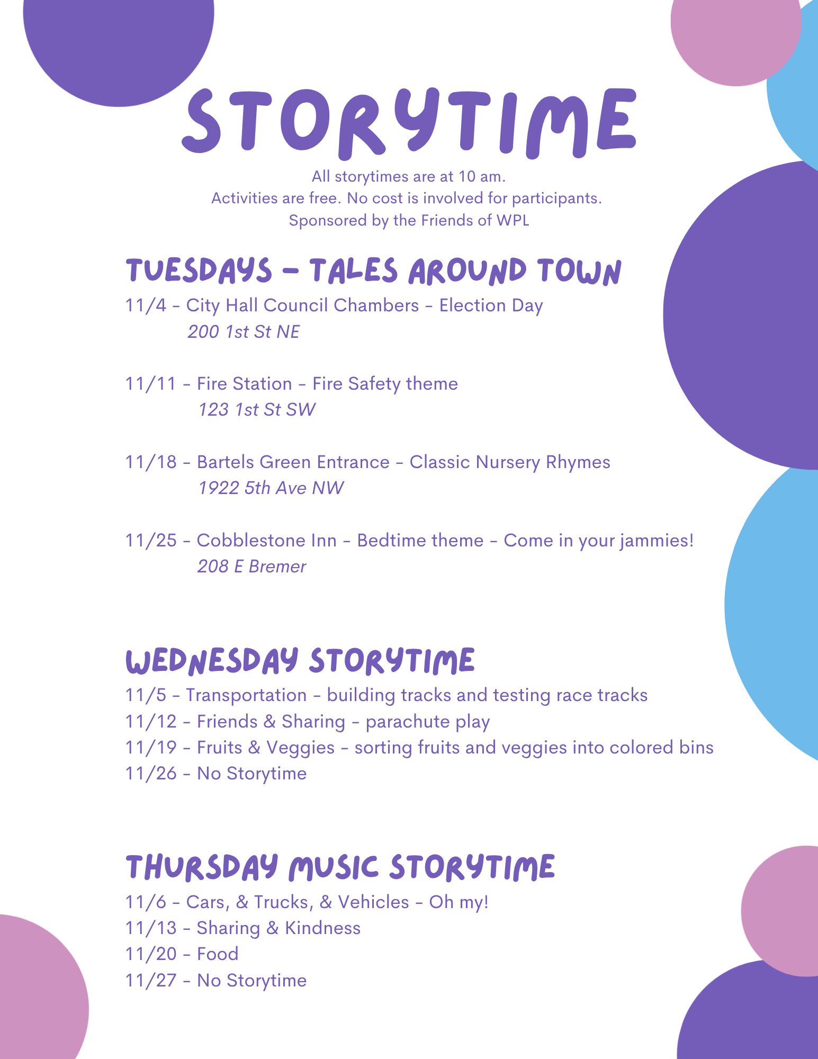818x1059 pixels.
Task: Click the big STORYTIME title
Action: [x=409, y=122]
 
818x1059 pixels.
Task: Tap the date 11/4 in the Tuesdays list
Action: [x=146, y=306]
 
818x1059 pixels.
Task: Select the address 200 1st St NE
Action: [x=244, y=332]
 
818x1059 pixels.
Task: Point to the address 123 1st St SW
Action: [x=257, y=410]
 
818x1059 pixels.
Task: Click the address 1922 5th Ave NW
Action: [x=271, y=488]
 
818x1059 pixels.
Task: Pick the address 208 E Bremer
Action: [x=252, y=567]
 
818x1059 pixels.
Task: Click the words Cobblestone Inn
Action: [x=267, y=541]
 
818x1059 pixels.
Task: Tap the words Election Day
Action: [x=491, y=306]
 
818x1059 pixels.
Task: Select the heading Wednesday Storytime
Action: [x=300, y=661]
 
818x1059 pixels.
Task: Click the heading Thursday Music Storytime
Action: [x=340, y=867]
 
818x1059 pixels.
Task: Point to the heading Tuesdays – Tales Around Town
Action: [x=373, y=271]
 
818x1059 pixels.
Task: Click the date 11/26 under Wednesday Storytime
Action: [x=151, y=774]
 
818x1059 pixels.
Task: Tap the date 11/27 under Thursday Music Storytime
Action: [x=151, y=981]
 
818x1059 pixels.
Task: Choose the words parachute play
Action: [x=428, y=722]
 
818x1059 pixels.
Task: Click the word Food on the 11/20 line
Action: [x=218, y=954]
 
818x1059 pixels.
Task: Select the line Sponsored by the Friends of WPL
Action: [x=409, y=220]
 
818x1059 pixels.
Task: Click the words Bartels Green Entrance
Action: [x=293, y=462]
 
